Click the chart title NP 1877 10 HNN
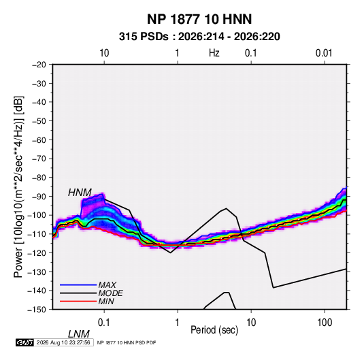pyautogui.click(x=199, y=19)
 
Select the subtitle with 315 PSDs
pyautogui.click(x=199, y=37)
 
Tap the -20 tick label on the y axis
pyautogui.click(x=39, y=65)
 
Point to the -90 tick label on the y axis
pyautogui.click(x=39, y=197)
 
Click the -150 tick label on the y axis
pyautogui.click(x=37, y=310)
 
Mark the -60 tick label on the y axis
pyautogui.click(x=39, y=140)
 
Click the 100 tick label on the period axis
pyautogui.click(x=325, y=323)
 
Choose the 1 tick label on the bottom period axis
pyautogui.click(x=178, y=323)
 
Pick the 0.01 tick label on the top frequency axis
pyautogui.click(x=324, y=53)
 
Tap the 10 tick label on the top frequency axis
pyautogui.click(x=104, y=53)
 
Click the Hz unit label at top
pyautogui.click(x=214, y=53)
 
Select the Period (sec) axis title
pyautogui.click(x=214, y=330)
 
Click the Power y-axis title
pyautogui.click(x=18, y=187)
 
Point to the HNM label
pyautogui.click(x=80, y=193)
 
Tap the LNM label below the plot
pyautogui.click(x=78, y=334)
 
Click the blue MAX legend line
pyautogui.click(x=78, y=284)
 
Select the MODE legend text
pyautogui.click(x=110, y=293)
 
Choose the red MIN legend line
pyautogui.click(x=78, y=301)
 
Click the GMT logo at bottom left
pyautogui.click(x=25, y=342)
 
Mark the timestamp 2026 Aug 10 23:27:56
pyautogui.click(x=63, y=342)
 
